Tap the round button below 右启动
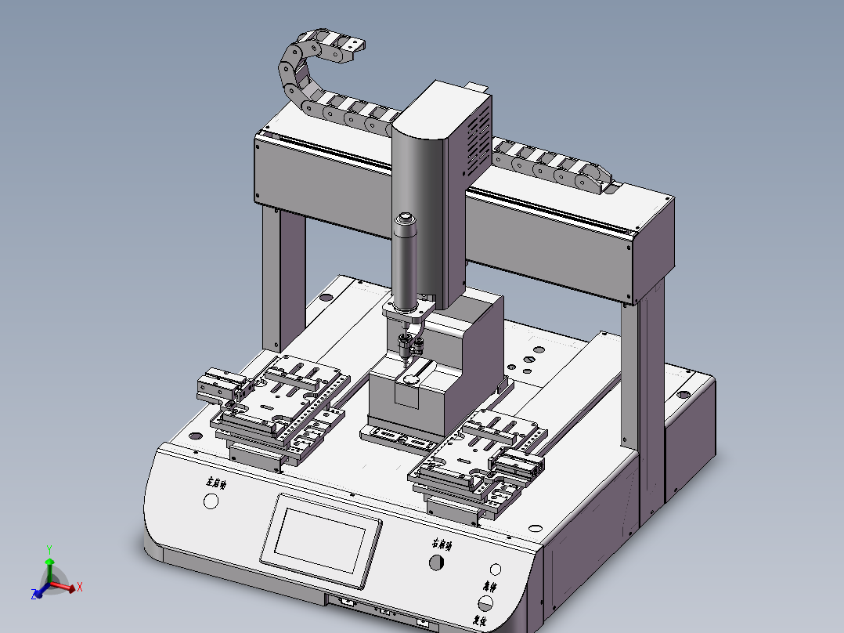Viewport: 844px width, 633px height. [x=436, y=562]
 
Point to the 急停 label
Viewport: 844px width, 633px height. [x=491, y=586]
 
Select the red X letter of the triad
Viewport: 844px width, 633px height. [x=80, y=587]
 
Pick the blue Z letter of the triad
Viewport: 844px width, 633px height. [x=35, y=595]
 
